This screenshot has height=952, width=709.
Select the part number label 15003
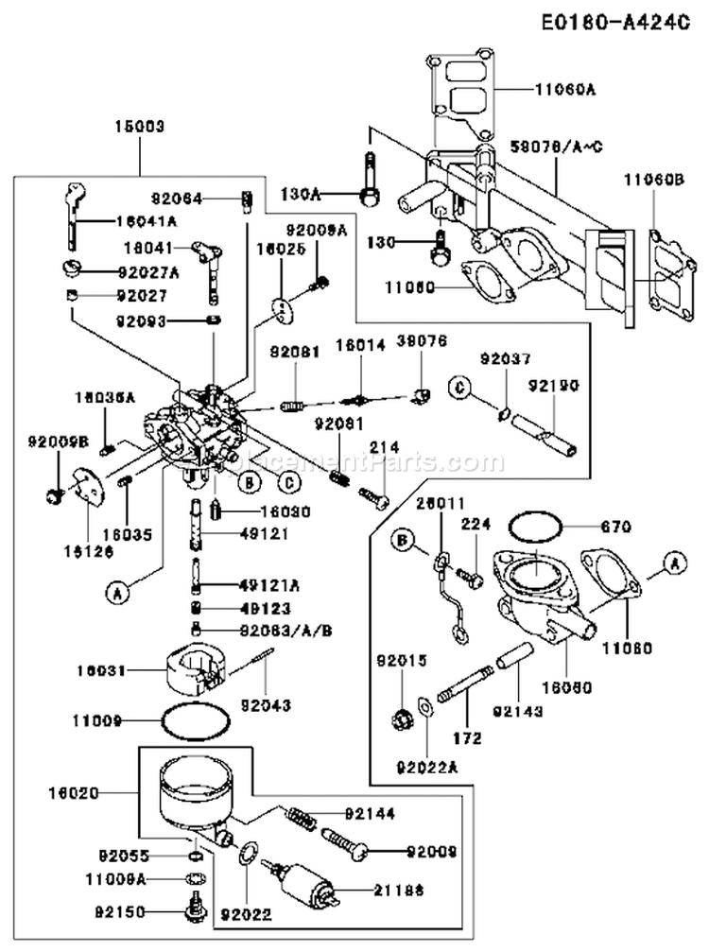pos(140,126)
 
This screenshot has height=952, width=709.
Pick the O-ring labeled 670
pos(537,527)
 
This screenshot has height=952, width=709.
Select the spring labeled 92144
pos(303,814)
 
